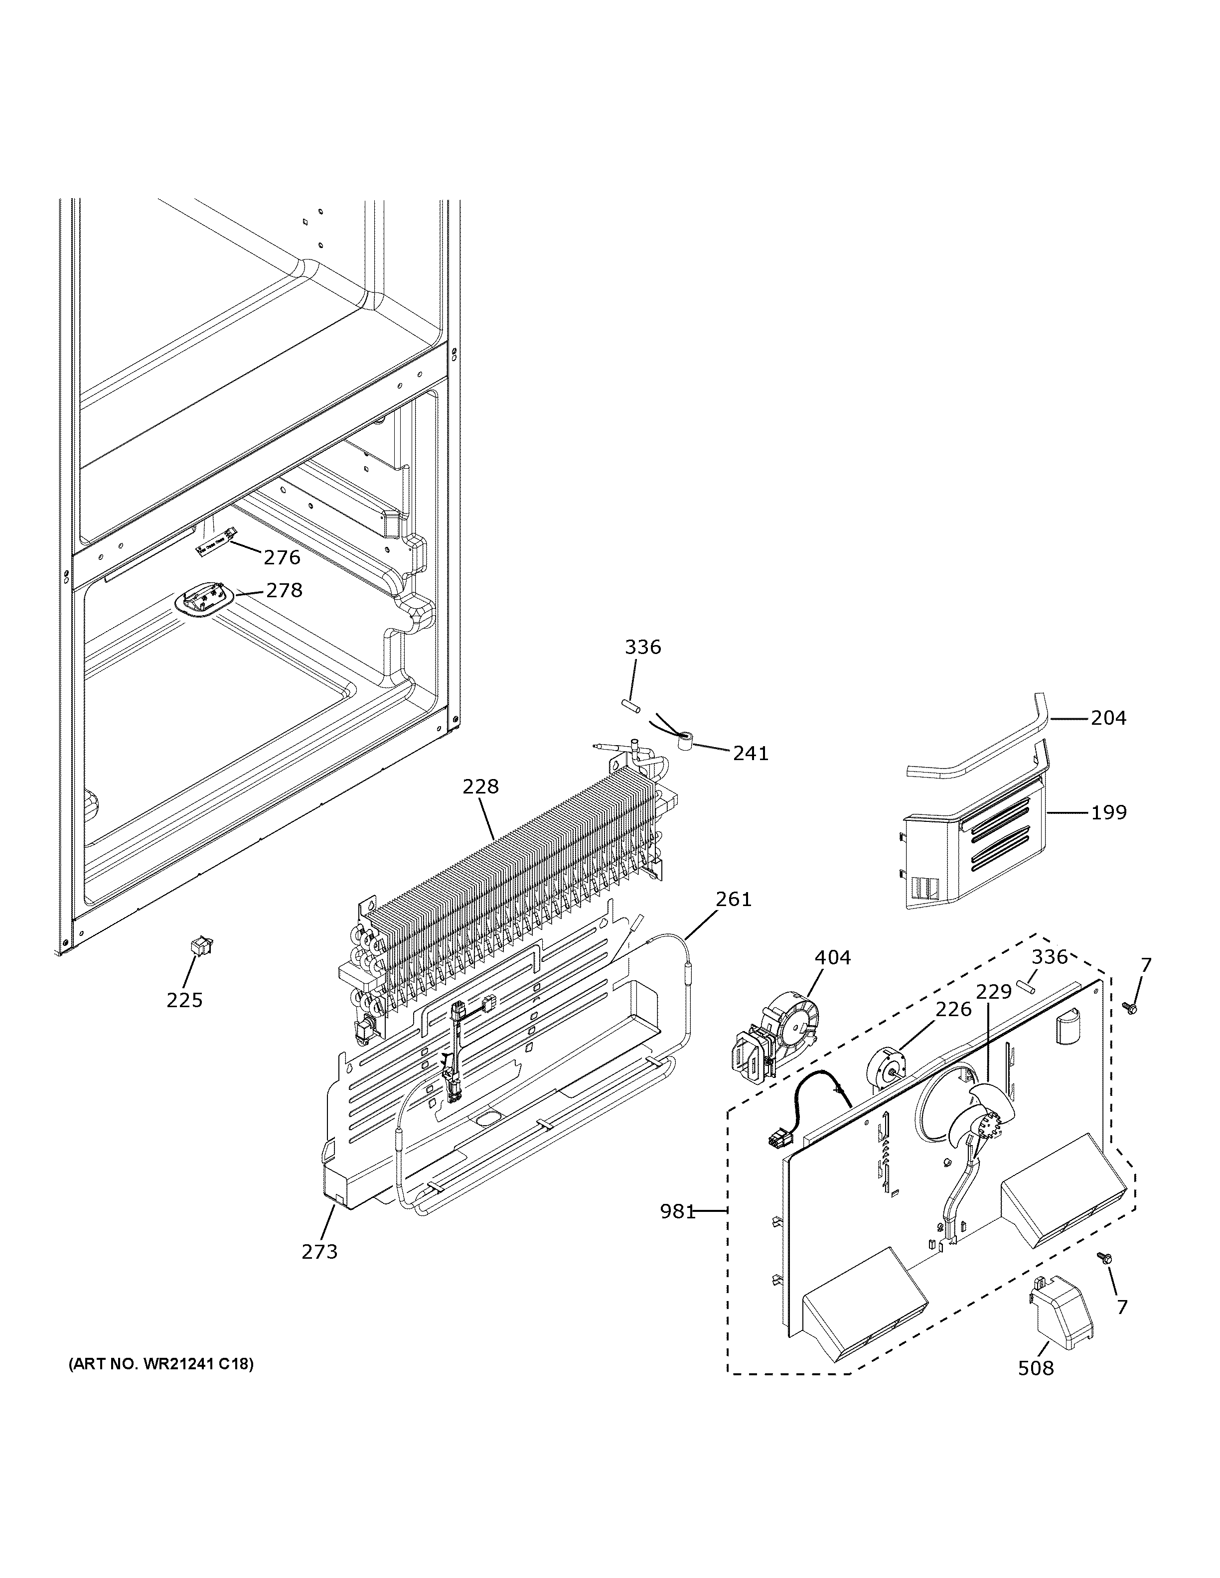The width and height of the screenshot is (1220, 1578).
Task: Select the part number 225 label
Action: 184,1000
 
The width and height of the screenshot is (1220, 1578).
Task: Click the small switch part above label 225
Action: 196,946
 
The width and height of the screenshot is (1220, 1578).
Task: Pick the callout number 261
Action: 734,900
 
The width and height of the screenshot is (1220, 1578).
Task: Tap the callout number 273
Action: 319,1251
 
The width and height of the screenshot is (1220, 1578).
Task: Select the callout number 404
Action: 833,958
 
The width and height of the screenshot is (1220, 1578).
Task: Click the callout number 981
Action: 677,1212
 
